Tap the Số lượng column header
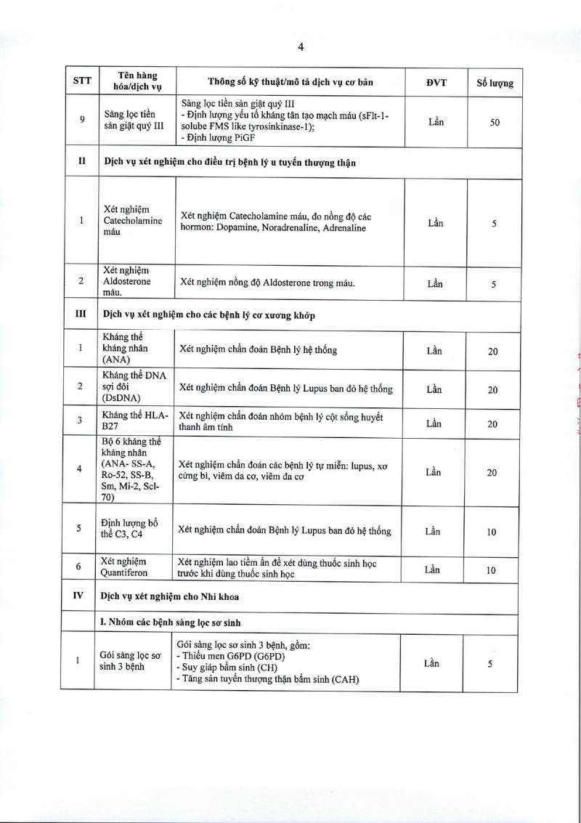pyautogui.click(x=495, y=82)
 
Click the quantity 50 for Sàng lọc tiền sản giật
pyautogui.click(x=495, y=123)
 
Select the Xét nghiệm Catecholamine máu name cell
pyautogui.click(x=134, y=221)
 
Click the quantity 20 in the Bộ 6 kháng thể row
pyautogui.click(x=492, y=473)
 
